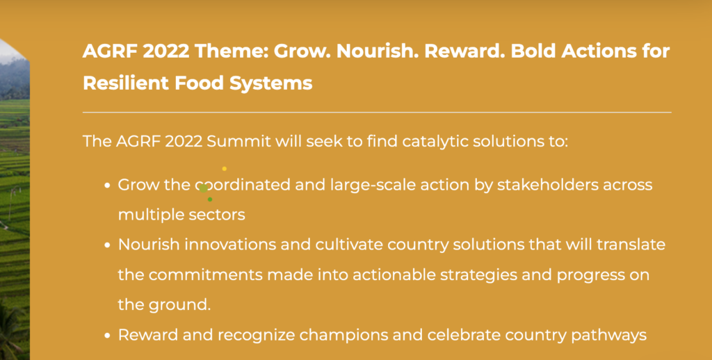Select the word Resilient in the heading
(120, 83)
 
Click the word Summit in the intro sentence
(239, 141)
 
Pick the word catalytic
(429, 141)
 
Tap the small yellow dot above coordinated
(224, 169)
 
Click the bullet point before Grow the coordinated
(107, 186)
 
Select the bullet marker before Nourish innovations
(107, 245)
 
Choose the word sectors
(217, 215)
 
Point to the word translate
(629, 245)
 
